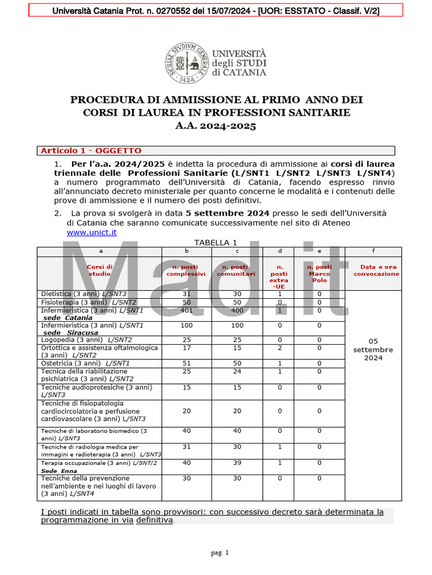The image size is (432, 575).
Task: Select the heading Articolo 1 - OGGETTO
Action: coord(91,150)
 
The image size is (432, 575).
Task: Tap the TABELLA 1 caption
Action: coord(215,242)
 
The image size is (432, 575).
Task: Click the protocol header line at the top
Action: coord(215,10)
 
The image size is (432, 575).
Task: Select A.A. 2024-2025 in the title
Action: coord(216,126)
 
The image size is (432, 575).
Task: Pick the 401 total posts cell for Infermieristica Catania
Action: coord(186,311)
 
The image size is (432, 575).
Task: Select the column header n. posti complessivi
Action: coord(186,270)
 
